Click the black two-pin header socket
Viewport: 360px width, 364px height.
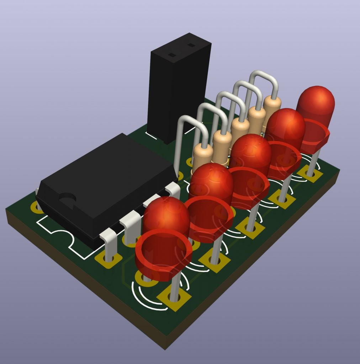click(x=178, y=92)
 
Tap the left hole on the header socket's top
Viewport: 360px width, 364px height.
click(x=172, y=55)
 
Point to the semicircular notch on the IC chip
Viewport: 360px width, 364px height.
click(x=68, y=198)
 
